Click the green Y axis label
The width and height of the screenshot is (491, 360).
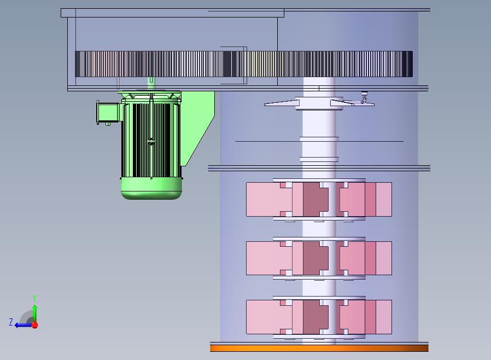pyautogui.click(x=34, y=298)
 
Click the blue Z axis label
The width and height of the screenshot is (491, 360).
pyautogui.click(x=11, y=322)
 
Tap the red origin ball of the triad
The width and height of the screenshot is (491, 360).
pyautogui.click(x=35, y=325)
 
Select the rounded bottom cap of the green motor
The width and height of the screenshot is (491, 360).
pyautogui.click(x=151, y=188)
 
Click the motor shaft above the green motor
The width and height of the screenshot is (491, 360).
pyautogui.click(x=151, y=84)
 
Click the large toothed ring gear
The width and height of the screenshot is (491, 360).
pyautogui.click(x=244, y=64)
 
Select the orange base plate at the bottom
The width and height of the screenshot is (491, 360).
pyautogui.click(x=319, y=348)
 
